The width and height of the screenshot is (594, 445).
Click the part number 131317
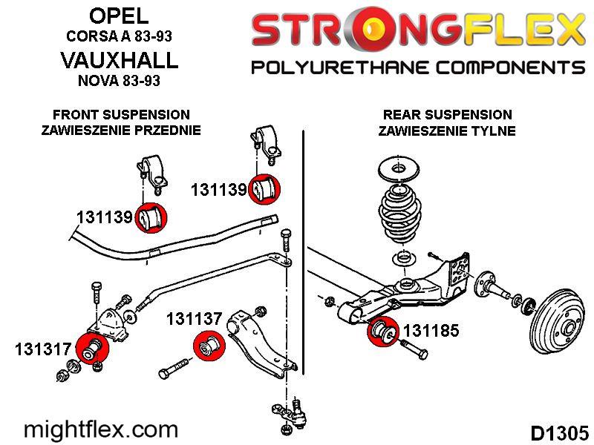(x=43, y=349)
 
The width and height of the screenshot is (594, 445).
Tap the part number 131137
(x=194, y=319)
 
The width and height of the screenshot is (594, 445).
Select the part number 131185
(x=431, y=330)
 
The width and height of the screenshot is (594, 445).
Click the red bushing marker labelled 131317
(x=92, y=349)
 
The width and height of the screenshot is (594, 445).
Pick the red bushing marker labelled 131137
(x=209, y=346)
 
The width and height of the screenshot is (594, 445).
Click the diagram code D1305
(x=560, y=433)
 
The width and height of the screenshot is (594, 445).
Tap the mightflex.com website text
(x=101, y=430)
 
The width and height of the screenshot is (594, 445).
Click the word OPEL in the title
(x=119, y=16)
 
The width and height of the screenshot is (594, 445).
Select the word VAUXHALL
(x=119, y=60)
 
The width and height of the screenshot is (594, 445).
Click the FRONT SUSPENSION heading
(x=121, y=114)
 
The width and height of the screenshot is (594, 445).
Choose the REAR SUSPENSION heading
(x=448, y=114)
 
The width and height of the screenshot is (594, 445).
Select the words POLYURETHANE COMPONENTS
(x=418, y=67)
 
